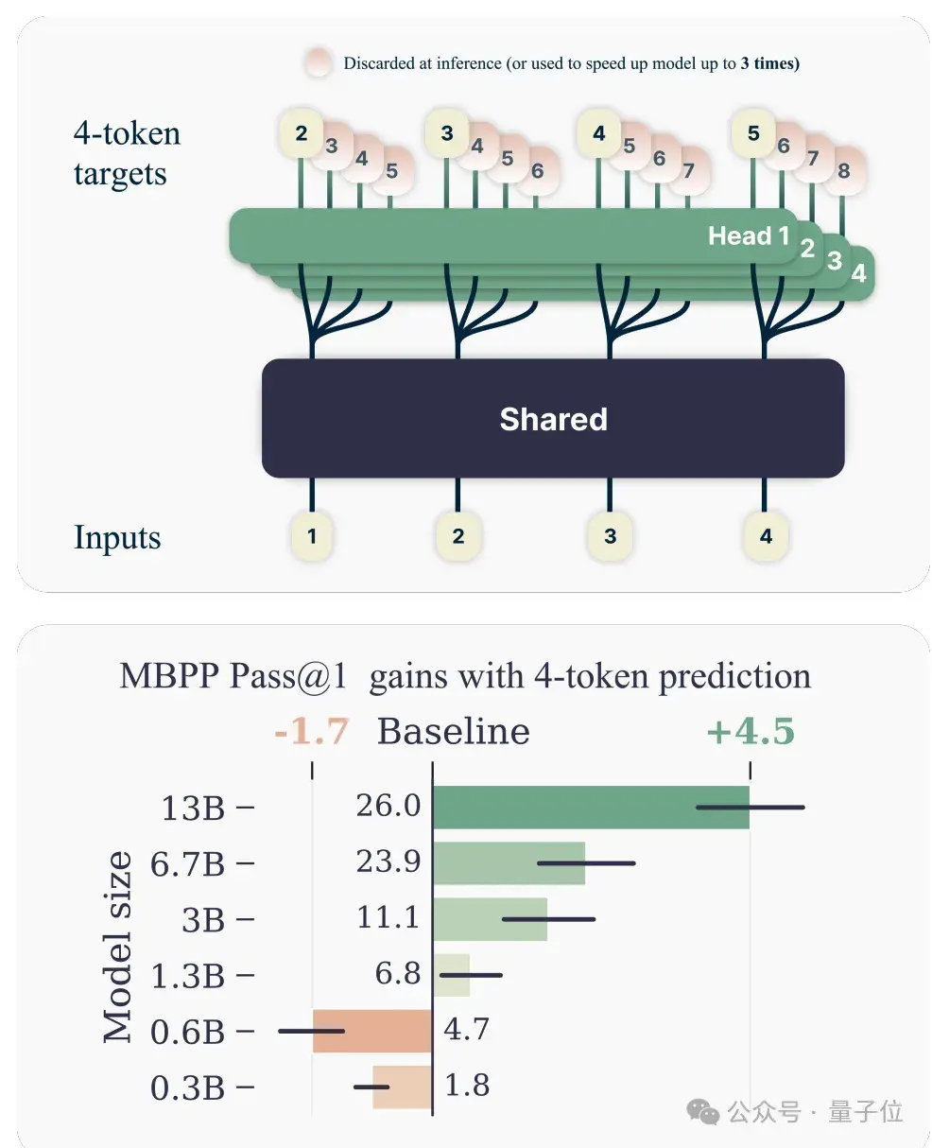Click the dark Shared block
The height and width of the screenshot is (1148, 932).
[553, 419]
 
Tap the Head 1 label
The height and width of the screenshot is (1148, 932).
[748, 235]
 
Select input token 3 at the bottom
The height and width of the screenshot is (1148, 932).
[610, 536]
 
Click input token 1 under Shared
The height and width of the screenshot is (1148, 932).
[312, 536]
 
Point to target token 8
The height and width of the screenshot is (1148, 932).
[843, 171]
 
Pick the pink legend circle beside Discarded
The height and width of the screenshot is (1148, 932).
[319, 62]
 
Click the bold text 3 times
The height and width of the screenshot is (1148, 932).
[769, 63]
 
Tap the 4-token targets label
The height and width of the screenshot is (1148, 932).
[127, 153]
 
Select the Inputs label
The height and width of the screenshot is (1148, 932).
[117, 537]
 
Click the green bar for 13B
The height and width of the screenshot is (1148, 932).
[590, 807]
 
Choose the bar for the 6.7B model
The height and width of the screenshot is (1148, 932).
[508, 862]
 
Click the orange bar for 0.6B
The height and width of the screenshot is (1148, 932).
[372, 1031]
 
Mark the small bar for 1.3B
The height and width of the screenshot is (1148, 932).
[451, 975]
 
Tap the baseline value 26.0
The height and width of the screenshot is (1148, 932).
[388, 806]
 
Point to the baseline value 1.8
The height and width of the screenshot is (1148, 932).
[467, 1086]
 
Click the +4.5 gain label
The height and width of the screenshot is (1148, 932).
[750, 731]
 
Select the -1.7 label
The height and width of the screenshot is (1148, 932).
[311, 731]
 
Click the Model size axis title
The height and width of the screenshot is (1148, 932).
[117, 947]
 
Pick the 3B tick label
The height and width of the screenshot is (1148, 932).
[203, 919]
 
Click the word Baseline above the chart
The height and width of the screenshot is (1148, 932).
[453, 731]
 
